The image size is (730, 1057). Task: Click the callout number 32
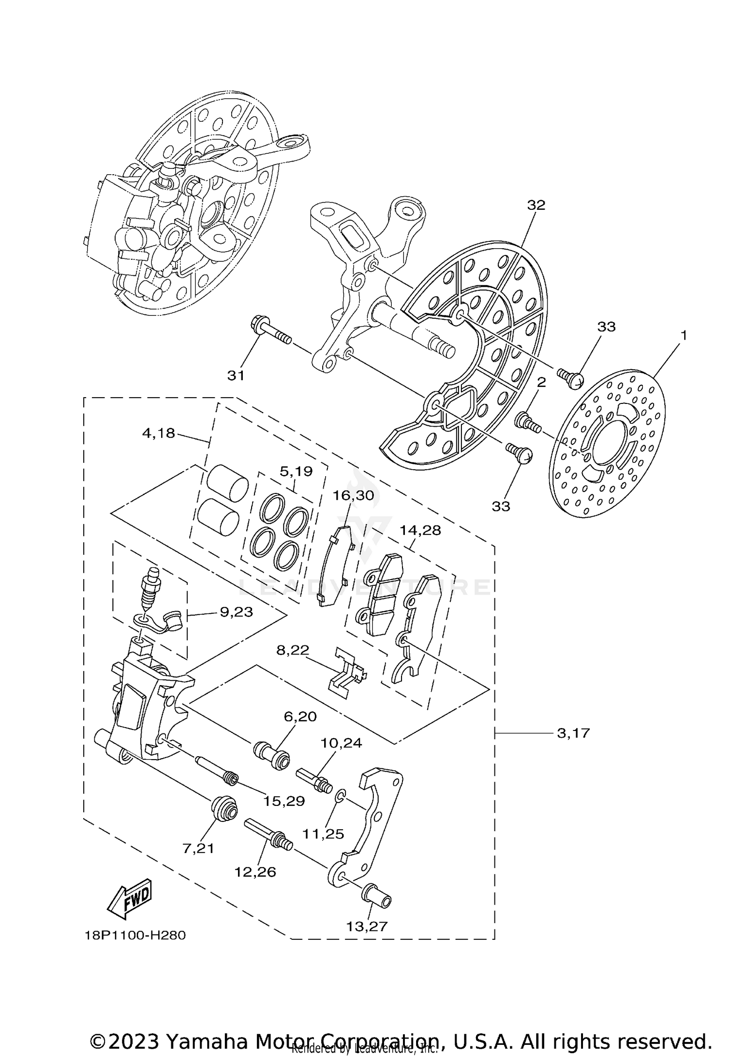[x=536, y=205]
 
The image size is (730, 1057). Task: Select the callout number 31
[x=236, y=375]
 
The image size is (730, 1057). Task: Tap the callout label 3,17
[x=573, y=746]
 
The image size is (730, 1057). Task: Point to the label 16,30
[x=353, y=495]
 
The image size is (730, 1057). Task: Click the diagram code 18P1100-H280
[x=135, y=935]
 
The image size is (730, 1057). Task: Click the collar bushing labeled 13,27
[x=376, y=895]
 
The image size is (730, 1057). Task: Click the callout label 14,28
[x=420, y=530]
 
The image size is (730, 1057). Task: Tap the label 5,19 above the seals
[x=296, y=471]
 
